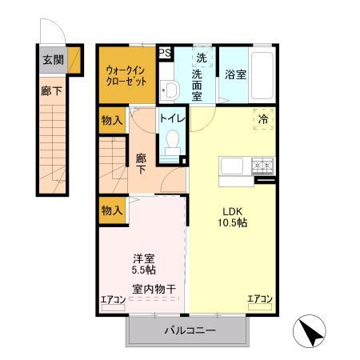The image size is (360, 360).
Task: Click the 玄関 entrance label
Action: point(52,58)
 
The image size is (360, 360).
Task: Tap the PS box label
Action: point(166,53)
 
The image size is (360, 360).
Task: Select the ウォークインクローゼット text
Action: point(126,74)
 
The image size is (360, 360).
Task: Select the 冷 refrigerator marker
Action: point(262,118)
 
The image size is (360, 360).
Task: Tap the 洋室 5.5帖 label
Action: point(144,264)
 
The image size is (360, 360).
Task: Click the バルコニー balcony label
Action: point(190,330)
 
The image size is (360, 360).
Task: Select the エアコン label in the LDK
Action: point(260,300)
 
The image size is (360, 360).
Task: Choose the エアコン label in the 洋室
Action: point(113,300)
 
